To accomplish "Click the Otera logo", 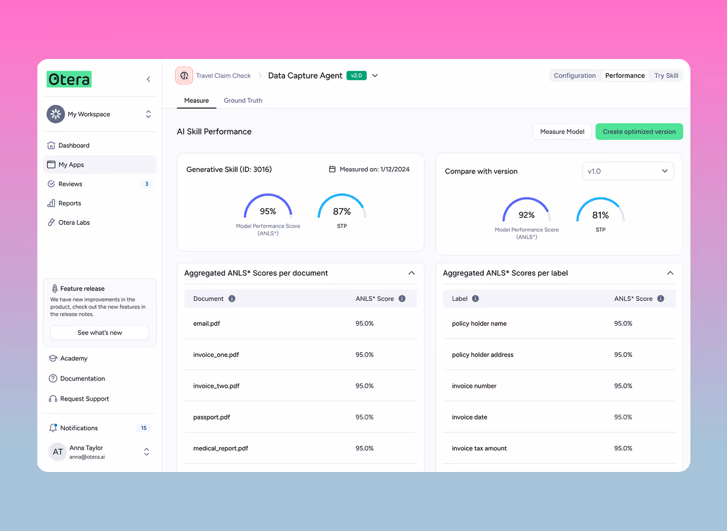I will pos(69,79).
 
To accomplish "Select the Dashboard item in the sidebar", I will pos(74,145).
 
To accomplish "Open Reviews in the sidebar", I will pos(70,184).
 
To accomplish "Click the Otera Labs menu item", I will pos(74,222).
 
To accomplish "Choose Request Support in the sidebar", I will pos(84,399).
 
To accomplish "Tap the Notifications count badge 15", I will pos(144,428).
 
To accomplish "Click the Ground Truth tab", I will pos(243,100).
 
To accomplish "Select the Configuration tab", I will pos(574,76).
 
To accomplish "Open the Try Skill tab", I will pos(666,76).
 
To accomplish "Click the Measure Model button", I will pos(562,132).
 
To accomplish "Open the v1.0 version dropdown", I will pos(627,171).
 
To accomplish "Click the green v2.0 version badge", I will pos(356,76).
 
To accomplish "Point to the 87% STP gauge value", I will pos(342,211).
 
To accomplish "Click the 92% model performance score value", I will pos(526,215).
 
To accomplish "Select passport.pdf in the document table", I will pos(211,417).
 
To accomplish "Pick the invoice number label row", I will pos(474,386).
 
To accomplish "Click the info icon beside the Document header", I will pos(232,299).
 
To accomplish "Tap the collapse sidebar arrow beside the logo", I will pos(148,79).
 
